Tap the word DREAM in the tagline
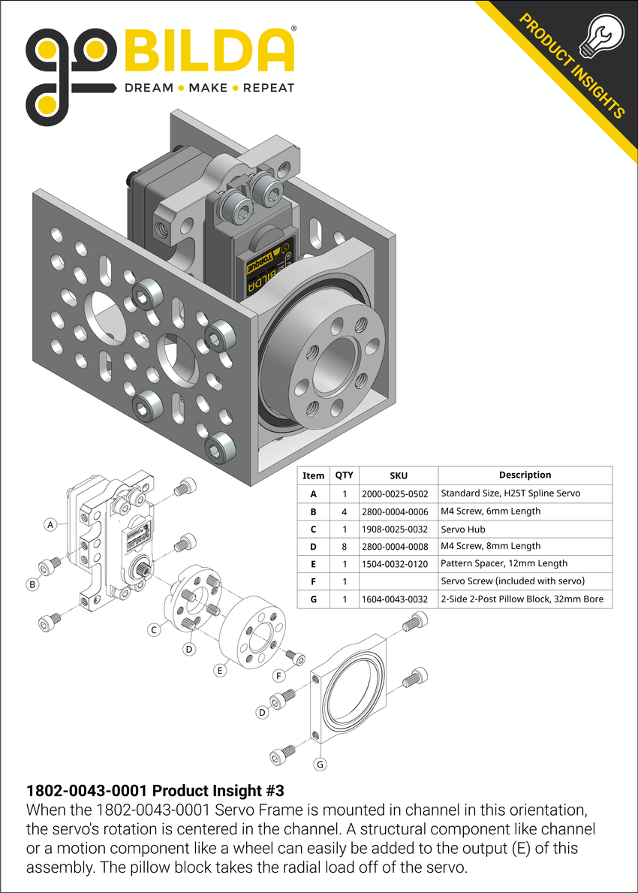pyautogui.click(x=147, y=88)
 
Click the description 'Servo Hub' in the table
pyautogui.click(x=463, y=529)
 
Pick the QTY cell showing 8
pyautogui.click(x=344, y=546)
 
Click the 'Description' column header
pyautogui.click(x=525, y=475)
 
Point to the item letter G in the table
pyautogui.click(x=313, y=599)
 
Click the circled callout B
pyautogui.click(x=32, y=584)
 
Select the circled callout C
pyautogui.click(x=153, y=630)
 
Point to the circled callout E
pyautogui.click(x=220, y=670)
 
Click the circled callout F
pyautogui.click(x=279, y=675)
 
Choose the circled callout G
pyautogui.click(x=321, y=765)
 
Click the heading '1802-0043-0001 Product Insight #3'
pyautogui.click(x=155, y=791)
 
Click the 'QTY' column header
pyautogui.click(x=344, y=475)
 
